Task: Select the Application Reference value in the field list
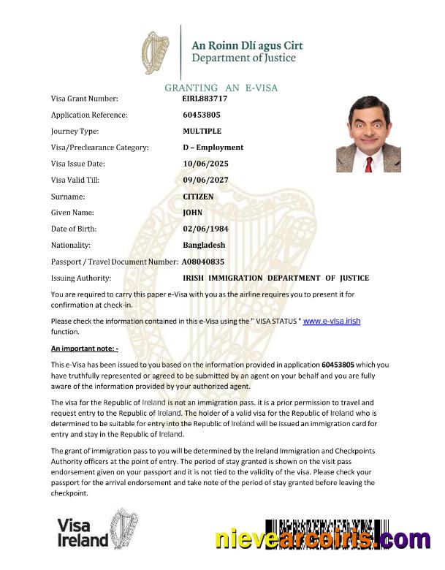point(202,115)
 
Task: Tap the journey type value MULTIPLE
point(202,131)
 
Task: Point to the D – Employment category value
point(213,147)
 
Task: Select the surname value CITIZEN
point(198,197)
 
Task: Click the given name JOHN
point(192,213)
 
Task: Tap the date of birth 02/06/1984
point(206,229)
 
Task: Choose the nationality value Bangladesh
point(204,246)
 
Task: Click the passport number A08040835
point(203,261)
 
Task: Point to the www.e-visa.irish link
point(332,321)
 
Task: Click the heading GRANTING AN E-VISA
point(221,88)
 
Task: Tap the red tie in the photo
point(369,164)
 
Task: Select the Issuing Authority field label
point(81,278)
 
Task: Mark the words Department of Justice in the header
point(243,58)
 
